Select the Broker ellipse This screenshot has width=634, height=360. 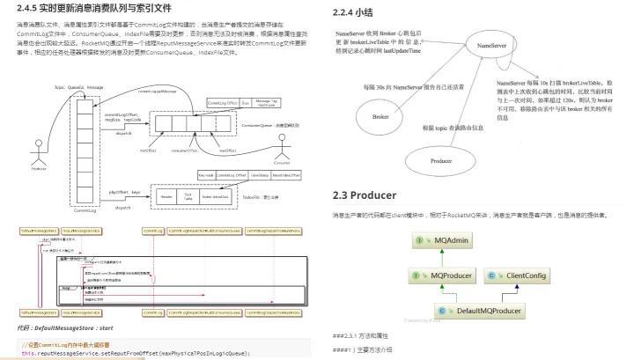point(381,115)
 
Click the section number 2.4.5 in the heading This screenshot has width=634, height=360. point(29,9)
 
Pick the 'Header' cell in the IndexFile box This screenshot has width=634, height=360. point(166,197)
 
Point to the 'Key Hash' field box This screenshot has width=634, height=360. point(207,175)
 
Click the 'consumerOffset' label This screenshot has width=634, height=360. point(184,151)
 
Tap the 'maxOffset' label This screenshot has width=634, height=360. point(225,151)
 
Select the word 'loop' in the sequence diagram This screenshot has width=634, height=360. point(66,287)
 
